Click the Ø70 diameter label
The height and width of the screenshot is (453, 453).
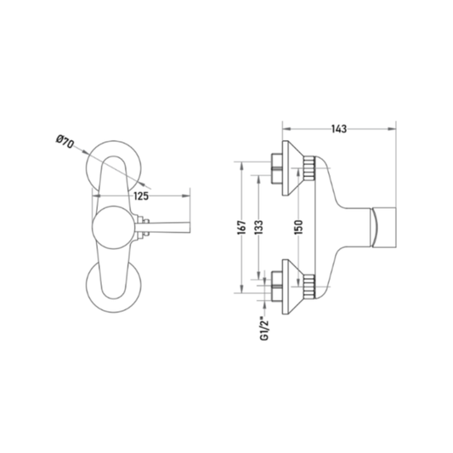65,142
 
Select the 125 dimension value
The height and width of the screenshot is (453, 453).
141,196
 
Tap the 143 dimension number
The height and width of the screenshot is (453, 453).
339,129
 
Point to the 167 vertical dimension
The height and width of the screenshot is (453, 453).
242,228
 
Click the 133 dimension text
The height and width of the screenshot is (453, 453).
259,228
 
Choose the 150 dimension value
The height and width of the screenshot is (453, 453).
298,228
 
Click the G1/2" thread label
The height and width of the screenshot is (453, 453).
265,328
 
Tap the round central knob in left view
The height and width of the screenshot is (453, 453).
114,228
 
